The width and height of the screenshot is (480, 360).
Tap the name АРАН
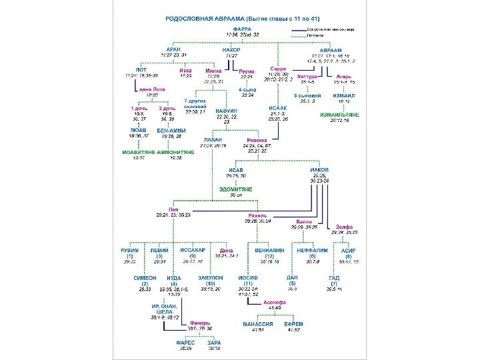173,49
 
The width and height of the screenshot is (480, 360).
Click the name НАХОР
231,49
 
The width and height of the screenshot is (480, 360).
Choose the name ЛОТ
141,69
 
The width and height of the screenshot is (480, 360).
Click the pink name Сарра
278,69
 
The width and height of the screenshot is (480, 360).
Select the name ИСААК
278,107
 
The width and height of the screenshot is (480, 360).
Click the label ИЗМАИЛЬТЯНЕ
339,115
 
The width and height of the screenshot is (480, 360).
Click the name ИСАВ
236,170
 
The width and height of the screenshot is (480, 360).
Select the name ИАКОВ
319,170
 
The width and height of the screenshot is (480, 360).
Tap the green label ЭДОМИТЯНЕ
236,189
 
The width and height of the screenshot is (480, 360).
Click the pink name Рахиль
257,215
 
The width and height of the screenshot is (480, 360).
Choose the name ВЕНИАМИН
270,250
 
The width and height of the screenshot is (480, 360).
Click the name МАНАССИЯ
257,324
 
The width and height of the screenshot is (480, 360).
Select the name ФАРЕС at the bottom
185,343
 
